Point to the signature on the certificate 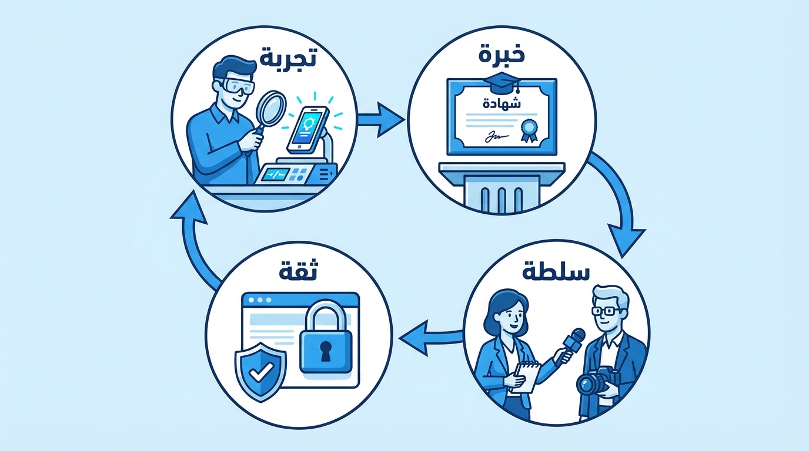pyautogui.click(x=493, y=137)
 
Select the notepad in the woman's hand pyautogui.click(x=527, y=375)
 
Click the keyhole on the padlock pyautogui.click(x=325, y=350)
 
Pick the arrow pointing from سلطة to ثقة pyautogui.click(x=430, y=337)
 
